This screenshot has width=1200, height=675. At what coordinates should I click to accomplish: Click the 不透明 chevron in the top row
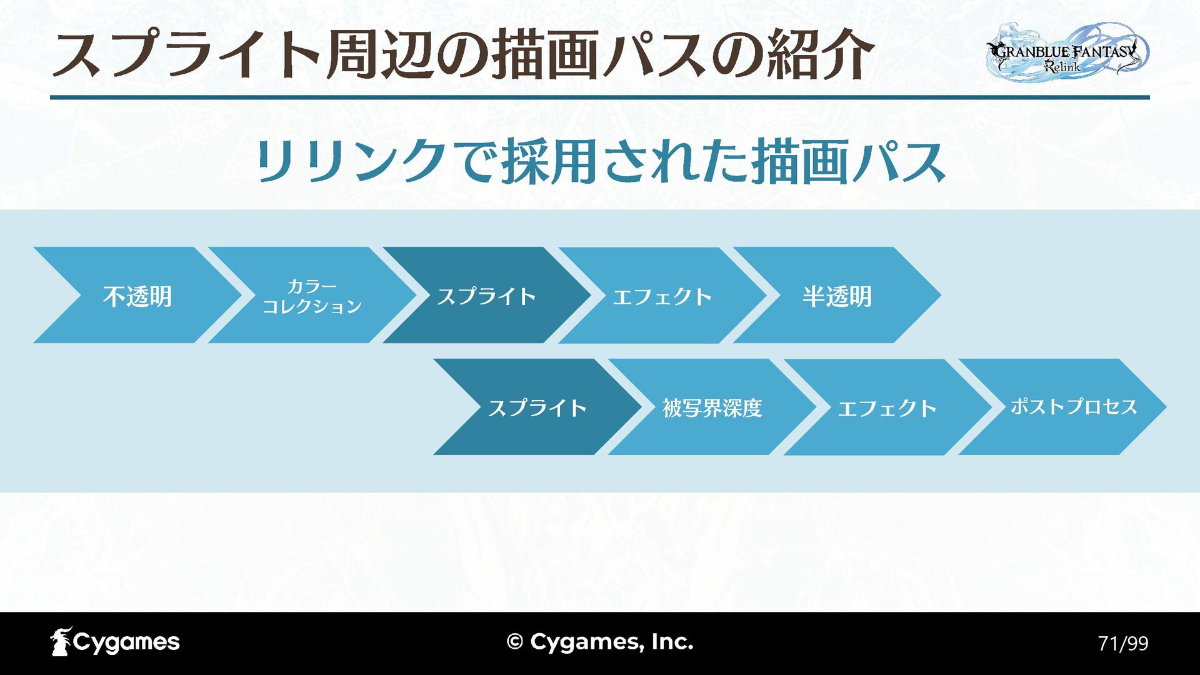point(137,296)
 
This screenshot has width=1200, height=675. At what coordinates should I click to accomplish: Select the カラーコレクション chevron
point(312,296)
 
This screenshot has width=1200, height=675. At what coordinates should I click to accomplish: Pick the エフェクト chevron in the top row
point(662,296)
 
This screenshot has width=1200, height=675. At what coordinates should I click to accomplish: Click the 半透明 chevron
point(837,296)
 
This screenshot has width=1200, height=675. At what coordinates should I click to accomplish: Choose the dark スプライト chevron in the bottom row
point(537,407)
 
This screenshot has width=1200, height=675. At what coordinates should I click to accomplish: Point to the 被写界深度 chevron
point(712,407)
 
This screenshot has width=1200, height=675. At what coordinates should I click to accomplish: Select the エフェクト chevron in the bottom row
point(887,407)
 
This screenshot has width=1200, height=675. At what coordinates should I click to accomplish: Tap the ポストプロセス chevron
point(1073,407)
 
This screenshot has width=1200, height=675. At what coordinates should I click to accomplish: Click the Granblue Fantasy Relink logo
point(1067,51)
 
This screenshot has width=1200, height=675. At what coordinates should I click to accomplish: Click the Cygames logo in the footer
point(115,642)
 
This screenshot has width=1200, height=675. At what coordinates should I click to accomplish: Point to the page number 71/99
point(1123,643)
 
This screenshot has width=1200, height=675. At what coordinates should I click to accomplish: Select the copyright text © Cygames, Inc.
point(600,642)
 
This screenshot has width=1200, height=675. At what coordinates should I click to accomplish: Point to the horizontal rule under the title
point(600,97)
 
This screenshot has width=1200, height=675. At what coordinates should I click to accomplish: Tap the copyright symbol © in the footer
point(515,642)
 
